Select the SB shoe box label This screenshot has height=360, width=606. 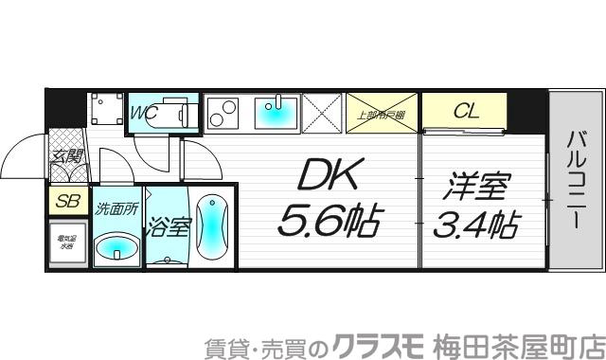click(67, 200)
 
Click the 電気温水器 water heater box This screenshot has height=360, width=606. click(67, 243)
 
